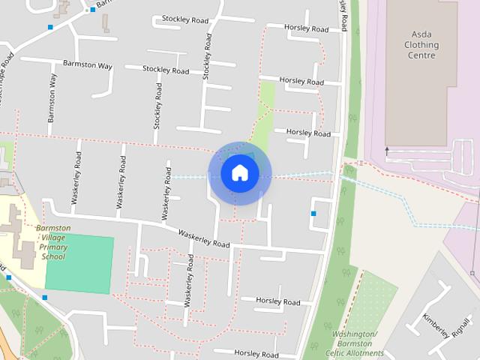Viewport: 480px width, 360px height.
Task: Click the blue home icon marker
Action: pyautogui.click(x=239, y=173)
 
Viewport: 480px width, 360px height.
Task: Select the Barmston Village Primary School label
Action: pyautogui.click(x=53, y=242)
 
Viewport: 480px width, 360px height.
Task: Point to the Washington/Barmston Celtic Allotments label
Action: pyautogui.click(x=355, y=343)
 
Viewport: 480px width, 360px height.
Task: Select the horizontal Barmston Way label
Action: pyautogui.click(x=87, y=65)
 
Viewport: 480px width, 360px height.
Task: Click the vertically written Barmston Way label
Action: pyautogui.click(x=52, y=98)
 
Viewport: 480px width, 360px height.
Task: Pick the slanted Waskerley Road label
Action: pyautogui.click(x=203, y=239)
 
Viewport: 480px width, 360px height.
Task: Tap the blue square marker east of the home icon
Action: pyautogui.click(x=313, y=214)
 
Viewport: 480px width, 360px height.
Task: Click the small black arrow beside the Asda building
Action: pyautogui.click(x=387, y=150)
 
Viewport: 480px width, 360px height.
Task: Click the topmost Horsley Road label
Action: pyautogui.click(x=306, y=28)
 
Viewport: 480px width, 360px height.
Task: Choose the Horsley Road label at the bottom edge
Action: pyautogui.click(x=256, y=353)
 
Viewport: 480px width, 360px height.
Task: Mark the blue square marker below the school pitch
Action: pyautogui.click(x=45, y=298)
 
